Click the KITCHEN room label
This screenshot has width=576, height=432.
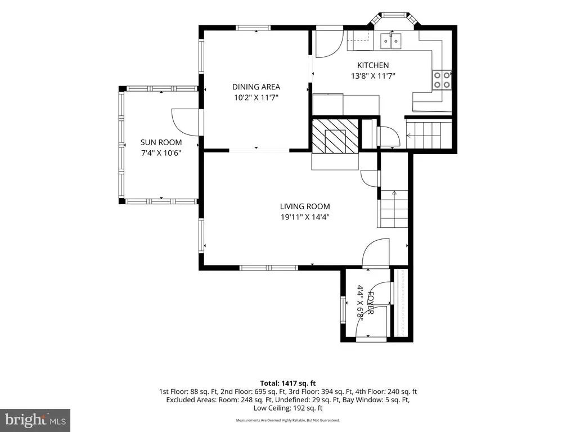point(373,65)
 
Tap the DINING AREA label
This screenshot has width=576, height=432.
point(256,87)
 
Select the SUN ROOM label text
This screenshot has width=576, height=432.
point(161,142)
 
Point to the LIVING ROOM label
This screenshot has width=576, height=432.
point(305,206)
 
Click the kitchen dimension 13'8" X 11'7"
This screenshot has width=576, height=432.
point(373,76)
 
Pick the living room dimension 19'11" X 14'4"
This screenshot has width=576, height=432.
point(305,217)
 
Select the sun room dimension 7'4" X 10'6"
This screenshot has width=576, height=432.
point(161,153)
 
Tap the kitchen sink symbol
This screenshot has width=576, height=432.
point(391,40)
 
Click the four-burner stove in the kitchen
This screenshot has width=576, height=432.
point(442,80)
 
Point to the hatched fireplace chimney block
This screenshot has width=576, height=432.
point(335,136)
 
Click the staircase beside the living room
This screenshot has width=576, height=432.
point(393,209)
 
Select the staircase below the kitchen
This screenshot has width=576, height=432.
point(428,135)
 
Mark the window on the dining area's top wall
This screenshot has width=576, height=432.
point(253,28)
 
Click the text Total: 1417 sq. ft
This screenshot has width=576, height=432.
point(288,384)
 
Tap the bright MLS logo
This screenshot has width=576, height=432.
point(35,420)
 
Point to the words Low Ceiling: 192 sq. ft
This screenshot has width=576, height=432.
point(288,408)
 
